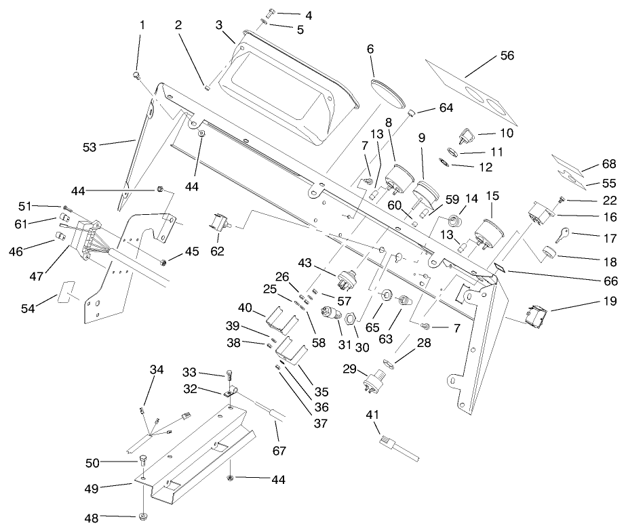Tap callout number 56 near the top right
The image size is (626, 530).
(x=507, y=57)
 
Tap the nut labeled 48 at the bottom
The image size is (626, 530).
(x=143, y=518)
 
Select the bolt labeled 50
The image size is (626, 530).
(x=143, y=461)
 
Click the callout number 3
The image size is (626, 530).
(x=219, y=26)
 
